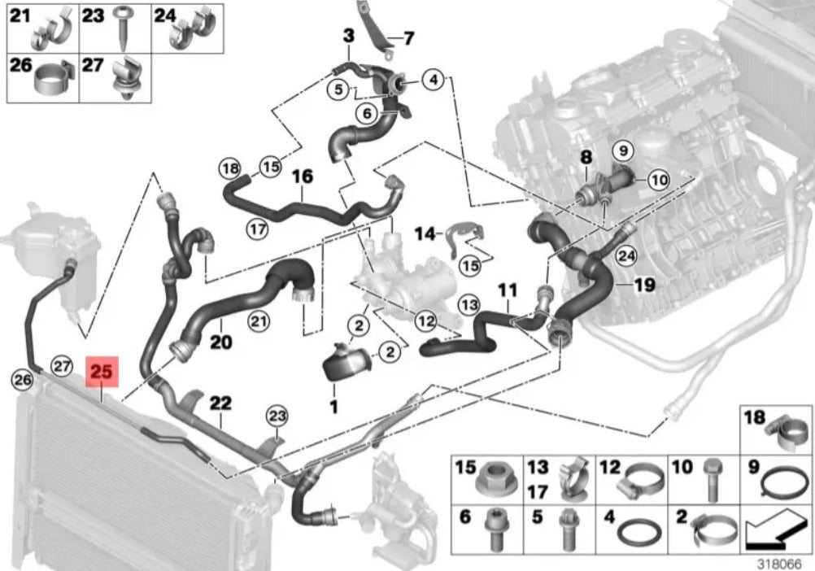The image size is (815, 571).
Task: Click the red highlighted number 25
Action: click(x=102, y=373)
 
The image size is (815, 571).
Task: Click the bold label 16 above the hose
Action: click(x=302, y=177)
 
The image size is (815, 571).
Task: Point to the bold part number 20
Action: click(x=221, y=342)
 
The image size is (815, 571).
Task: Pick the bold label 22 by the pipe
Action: click(x=220, y=403)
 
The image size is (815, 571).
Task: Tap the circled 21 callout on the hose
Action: click(x=259, y=323)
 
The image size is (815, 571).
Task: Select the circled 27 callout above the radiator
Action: click(x=63, y=366)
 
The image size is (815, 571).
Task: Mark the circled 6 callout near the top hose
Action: click(x=366, y=114)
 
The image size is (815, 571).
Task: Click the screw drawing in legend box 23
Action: click(x=125, y=29)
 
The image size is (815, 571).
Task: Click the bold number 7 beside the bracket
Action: click(x=408, y=37)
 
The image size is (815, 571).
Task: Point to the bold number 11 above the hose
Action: click(x=508, y=289)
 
